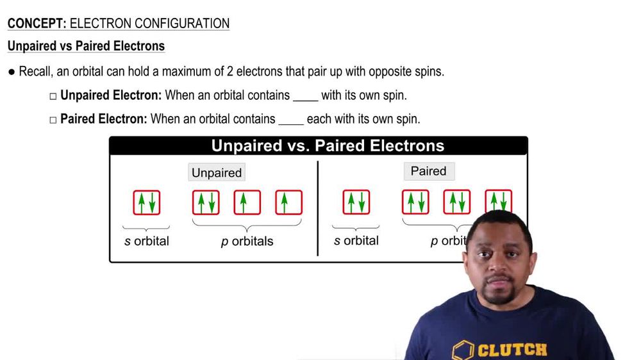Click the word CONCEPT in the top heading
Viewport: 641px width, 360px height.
tap(36, 24)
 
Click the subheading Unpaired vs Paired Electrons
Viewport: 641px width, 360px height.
tap(86, 46)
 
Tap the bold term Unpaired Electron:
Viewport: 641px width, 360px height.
tap(111, 95)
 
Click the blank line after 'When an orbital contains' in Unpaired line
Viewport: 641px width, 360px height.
tap(305, 97)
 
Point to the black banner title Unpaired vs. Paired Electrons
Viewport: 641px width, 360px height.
tap(328, 145)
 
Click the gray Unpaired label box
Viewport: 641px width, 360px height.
tap(217, 173)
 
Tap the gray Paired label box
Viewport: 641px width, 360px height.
tap(428, 171)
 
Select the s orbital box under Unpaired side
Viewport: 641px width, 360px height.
tap(147, 202)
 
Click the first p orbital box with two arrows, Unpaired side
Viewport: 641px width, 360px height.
tap(206, 202)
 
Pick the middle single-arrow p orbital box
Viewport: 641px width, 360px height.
tap(247, 202)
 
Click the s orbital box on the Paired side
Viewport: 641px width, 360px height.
tap(356, 202)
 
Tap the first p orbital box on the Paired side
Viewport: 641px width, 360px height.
tap(415, 202)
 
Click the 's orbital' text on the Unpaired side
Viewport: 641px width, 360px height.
tap(147, 241)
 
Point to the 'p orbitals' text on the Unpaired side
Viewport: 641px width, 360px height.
tap(247, 241)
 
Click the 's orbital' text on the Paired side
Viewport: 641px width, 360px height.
tap(356, 241)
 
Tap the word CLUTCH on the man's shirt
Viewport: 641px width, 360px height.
tap(513, 350)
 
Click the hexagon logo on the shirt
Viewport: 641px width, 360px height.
tap(465, 350)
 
